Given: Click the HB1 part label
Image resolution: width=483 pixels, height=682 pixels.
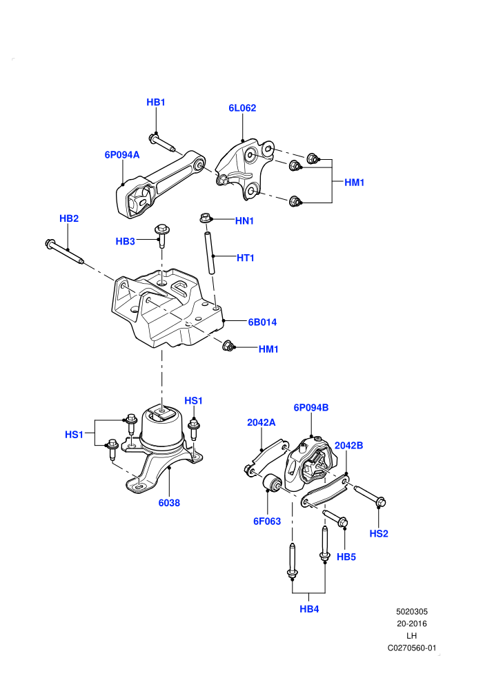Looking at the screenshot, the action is (155, 102).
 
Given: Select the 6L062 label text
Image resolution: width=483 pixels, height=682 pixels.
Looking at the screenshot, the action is (242, 108).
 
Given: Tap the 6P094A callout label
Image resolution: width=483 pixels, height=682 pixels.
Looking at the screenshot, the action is (122, 155).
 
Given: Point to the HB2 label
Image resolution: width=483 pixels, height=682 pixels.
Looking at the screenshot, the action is (69, 218).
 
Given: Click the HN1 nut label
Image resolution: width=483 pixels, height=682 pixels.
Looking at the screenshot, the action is (244, 221).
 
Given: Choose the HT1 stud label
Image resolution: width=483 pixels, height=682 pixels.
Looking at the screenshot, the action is (245, 258).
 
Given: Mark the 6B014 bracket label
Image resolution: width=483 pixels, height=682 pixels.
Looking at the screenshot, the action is (262, 322).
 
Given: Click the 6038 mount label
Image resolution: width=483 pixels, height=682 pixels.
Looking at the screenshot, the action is (169, 503).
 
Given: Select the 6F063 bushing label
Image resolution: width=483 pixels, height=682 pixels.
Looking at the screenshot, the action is (267, 521).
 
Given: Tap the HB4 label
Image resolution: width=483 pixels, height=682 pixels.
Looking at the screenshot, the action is (309, 609).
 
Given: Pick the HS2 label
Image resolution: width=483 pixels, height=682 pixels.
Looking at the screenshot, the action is (379, 534).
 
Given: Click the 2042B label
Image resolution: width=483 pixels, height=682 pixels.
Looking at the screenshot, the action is (348, 446).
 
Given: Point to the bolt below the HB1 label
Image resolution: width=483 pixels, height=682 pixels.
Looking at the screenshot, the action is (162, 143).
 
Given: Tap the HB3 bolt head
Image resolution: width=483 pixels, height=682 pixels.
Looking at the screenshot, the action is (162, 229).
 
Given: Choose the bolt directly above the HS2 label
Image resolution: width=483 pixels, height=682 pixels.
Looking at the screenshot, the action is (370, 496).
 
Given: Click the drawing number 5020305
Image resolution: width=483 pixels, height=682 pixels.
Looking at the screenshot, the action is (411, 612).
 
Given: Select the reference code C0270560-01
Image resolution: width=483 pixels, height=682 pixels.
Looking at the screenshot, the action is (411, 648).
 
